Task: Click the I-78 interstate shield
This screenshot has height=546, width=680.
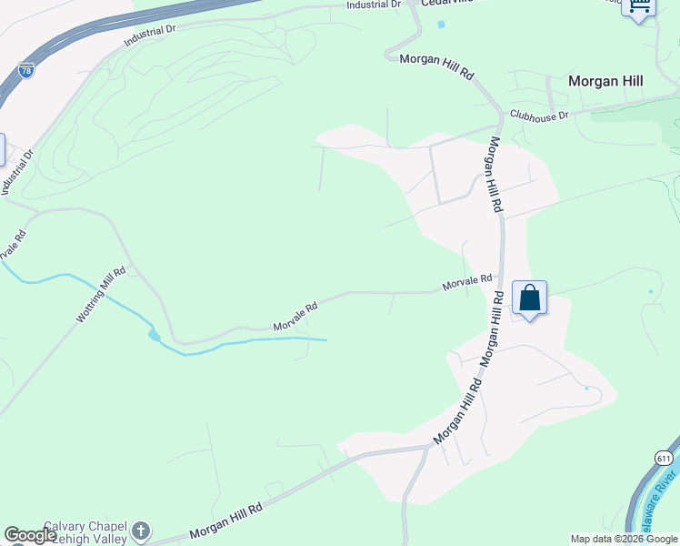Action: pyautogui.click(x=25, y=69)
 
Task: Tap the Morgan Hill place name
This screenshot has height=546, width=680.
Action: pyautogui.click(x=605, y=81)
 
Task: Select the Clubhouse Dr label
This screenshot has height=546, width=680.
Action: pyautogui.click(x=539, y=116)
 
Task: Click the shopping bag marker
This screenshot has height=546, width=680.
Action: pyautogui.click(x=529, y=298)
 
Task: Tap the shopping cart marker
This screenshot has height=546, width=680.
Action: pyautogui.click(x=638, y=7)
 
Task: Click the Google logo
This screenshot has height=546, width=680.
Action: pyautogui.click(x=30, y=536)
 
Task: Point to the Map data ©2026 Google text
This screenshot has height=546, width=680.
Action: pyautogui.click(x=625, y=539)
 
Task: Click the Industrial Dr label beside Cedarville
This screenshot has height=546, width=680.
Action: pyautogui.click(x=374, y=5)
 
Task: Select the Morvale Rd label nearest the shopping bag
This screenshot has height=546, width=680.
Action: pyautogui.click(x=467, y=283)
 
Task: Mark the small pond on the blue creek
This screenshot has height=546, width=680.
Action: pyautogui.click(x=155, y=336)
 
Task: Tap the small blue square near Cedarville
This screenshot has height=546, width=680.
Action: pyautogui.click(x=442, y=24)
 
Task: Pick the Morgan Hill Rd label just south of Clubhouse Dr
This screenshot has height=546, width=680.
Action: pyautogui.click(x=495, y=175)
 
